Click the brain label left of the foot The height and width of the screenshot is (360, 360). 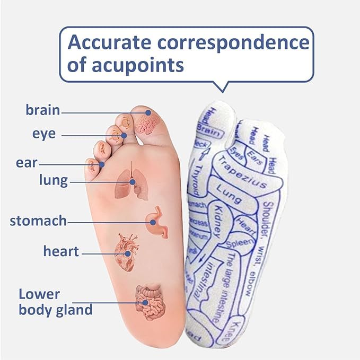pos(43,110)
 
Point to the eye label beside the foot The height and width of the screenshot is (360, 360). pos(43,134)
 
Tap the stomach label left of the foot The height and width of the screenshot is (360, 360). pos(38,220)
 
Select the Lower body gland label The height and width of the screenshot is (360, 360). pos(55,302)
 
